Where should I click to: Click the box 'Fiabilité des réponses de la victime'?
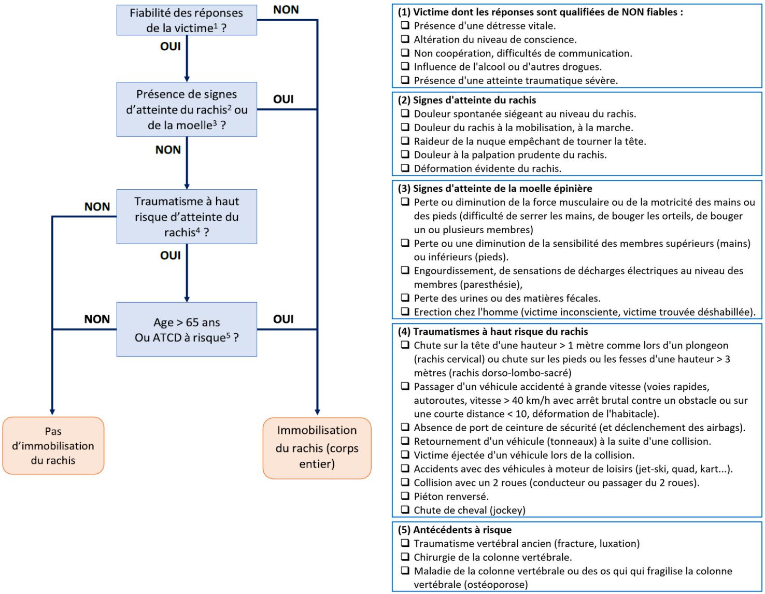tap(187, 20)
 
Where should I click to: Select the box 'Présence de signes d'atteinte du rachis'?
tap(187, 109)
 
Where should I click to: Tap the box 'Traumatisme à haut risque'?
tap(187, 217)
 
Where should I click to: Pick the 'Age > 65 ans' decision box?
tap(187, 330)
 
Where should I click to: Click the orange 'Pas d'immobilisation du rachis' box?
tap(53, 446)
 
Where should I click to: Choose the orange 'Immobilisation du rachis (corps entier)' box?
tap(317, 448)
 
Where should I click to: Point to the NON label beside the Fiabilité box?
tap(286, 10)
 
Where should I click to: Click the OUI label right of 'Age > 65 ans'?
tap(284, 319)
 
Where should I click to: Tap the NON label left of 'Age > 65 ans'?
tap(97, 319)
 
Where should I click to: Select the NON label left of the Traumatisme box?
tap(97, 207)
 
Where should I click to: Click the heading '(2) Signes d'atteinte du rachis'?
tap(466, 100)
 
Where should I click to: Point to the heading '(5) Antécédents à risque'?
tap(455, 530)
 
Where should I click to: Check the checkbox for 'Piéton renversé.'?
tap(405, 496)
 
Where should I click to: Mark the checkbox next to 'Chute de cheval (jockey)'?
tap(405, 510)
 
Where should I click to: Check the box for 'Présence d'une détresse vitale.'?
tap(405, 25)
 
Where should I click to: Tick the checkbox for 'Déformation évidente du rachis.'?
tap(405, 168)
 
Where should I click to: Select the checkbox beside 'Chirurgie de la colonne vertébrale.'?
tap(405, 557)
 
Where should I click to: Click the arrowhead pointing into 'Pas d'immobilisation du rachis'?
tap(52, 412)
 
